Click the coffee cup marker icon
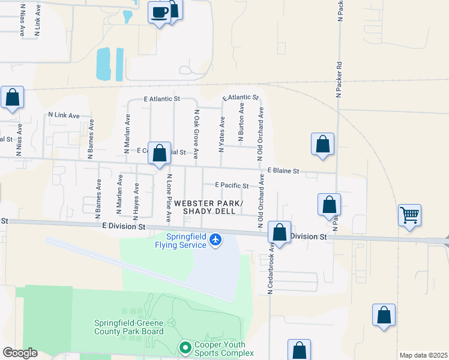(x=159, y=13)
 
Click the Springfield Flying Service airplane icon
(x=216, y=241)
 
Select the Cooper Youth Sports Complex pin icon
(x=185, y=347)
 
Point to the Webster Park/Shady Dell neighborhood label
(x=213, y=208)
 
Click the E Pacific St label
(x=232, y=186)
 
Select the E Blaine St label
(x=283, y=171)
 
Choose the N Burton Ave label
(x=241, y=123)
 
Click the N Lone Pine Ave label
(x=169, y=196)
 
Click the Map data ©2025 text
(x=423, y=355)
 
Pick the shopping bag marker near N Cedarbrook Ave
(x=280, y=233)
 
